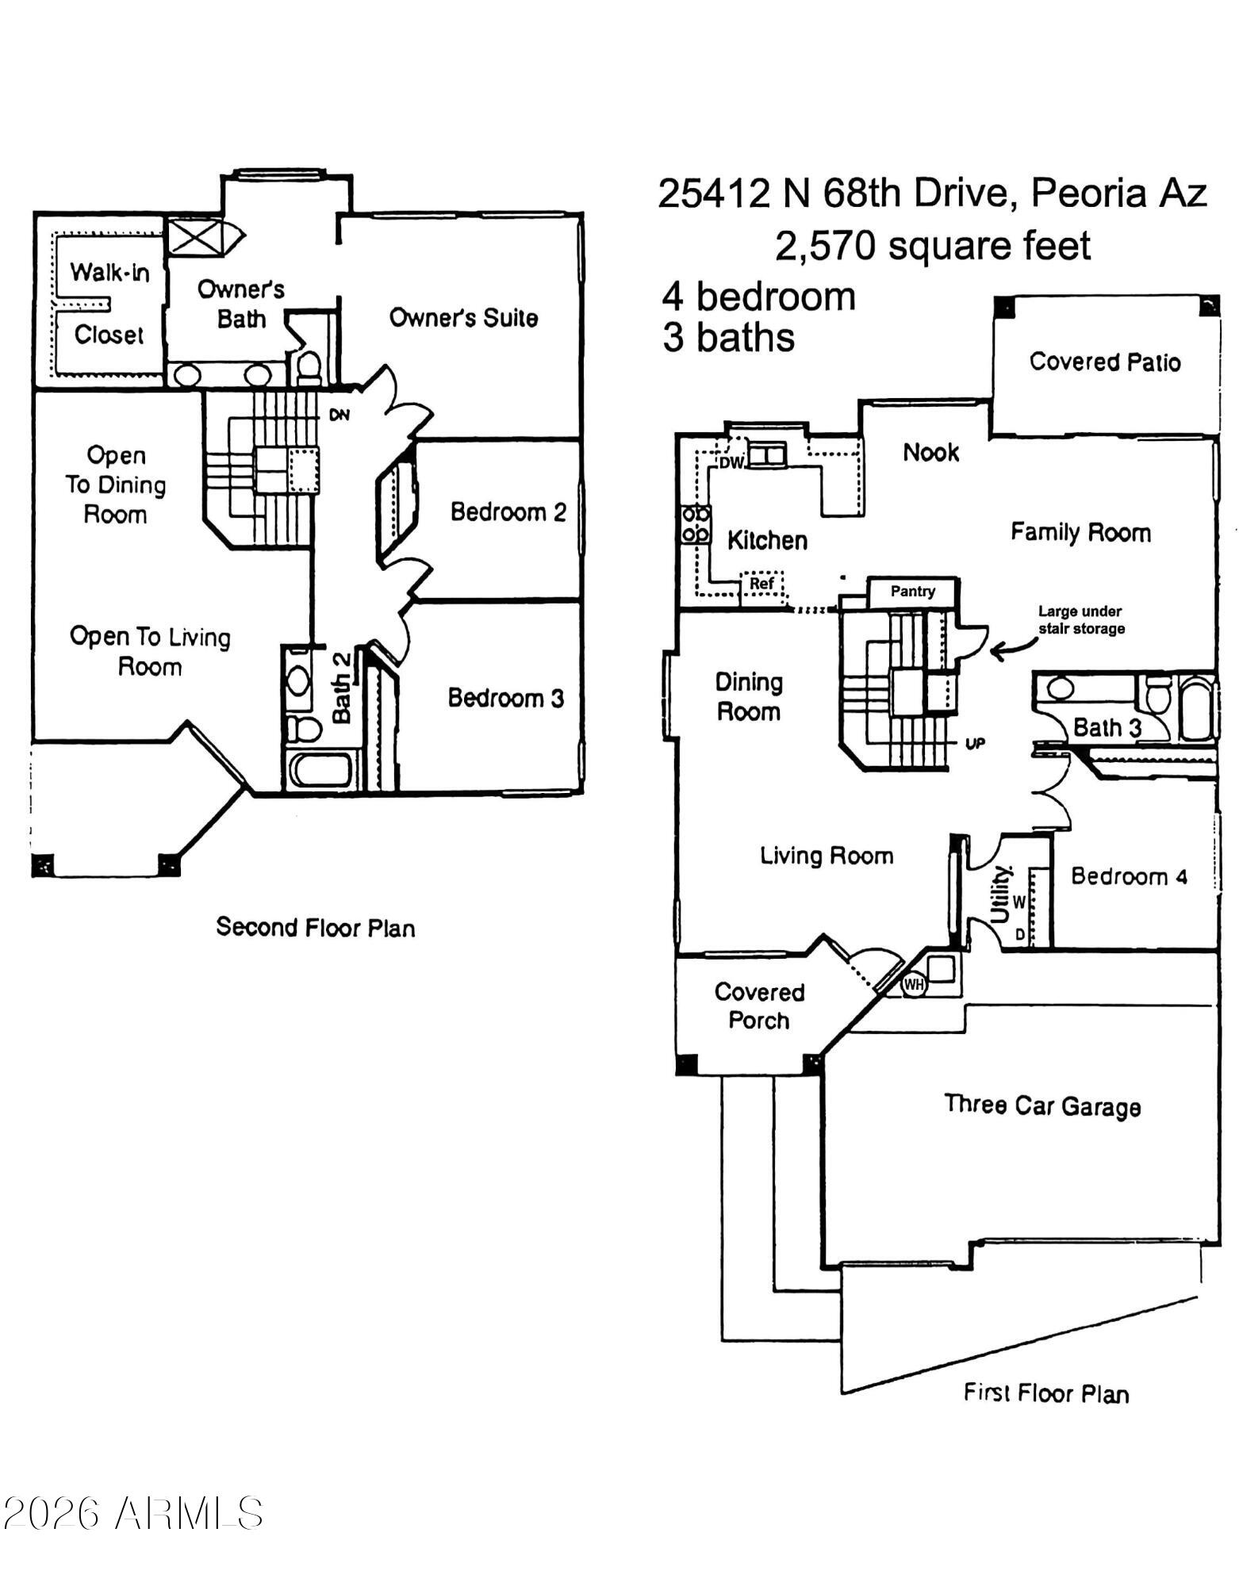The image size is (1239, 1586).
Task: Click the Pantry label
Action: [x=912, y=592]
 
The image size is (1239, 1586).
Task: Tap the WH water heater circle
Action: [x=914, y=985]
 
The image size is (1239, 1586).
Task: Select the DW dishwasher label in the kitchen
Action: [x=731, y=463]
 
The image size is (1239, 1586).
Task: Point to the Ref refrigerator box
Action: [x=761, y=584]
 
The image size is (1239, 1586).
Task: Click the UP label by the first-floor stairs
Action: [x=975, y=744]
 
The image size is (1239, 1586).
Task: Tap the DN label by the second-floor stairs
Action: [x=339, y=415]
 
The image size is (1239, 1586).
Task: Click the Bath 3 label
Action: [x=1107, y=727]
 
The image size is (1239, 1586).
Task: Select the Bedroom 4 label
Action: [x=1129, y=876]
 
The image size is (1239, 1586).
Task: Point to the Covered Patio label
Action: [x=1105, y=362]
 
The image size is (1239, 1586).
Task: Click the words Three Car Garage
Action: [x=1042, y=1105]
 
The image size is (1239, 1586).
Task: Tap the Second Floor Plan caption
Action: [x=316, y=927]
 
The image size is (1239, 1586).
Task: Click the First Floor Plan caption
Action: [x=1046, y=1393]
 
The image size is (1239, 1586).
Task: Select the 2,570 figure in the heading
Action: [x=826, y=246]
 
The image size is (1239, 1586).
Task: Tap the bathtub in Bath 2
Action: [x=320, y=769]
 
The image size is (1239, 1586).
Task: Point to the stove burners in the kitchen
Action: [x=696, y=524]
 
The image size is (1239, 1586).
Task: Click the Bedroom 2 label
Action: [x=508, y=512]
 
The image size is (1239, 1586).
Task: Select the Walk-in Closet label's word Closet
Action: [x=109, y=335]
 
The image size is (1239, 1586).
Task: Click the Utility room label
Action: [x=1001, y=895]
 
